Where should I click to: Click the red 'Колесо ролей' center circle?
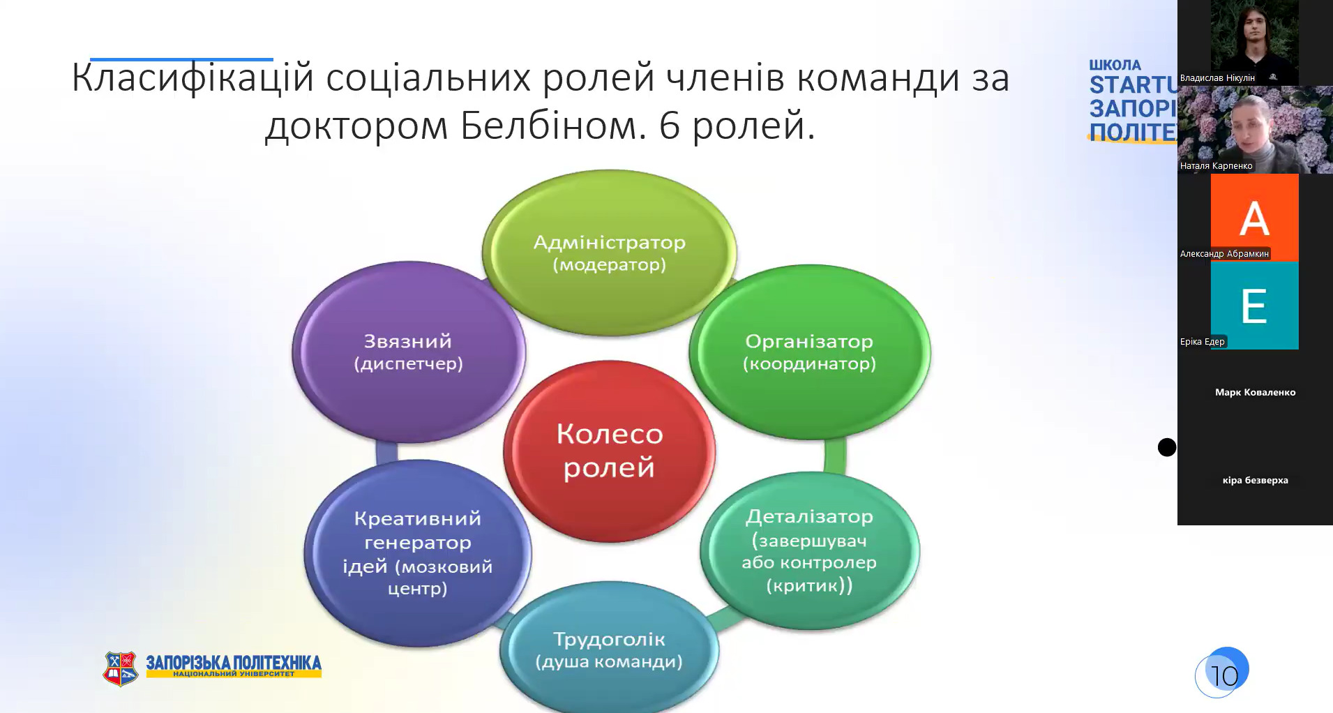(x=609, y=451)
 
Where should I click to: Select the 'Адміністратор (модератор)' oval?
(x=609, y=253)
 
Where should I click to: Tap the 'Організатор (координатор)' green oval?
(x=810, y=352)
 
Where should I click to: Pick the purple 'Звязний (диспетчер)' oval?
(x=409, y=352)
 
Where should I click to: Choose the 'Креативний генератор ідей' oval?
(x=417, y=553)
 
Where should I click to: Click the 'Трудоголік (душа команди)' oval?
(x=609, y=649)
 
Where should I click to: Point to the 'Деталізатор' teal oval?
(x=810, y=550)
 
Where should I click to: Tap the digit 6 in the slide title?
(x=670, y=126)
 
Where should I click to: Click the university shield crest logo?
(x=121, y=668)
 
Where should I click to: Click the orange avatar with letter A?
(x=1254, y=218)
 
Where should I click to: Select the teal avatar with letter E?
(x=1254, y=306)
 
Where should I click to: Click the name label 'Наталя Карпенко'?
(x=1217, y=166)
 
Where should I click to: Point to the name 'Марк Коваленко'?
(x=1255, y=392)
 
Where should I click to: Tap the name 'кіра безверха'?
(x=1255, y=480)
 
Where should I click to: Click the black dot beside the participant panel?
(x=1167, y=447)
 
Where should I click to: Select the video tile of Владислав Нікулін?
(x=1254, y=43)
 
